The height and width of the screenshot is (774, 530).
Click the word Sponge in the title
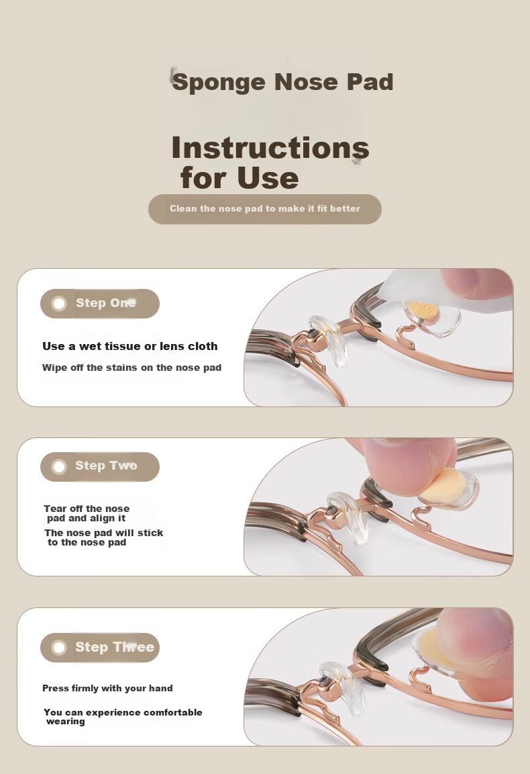219,83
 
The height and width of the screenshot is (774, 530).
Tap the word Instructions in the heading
270,148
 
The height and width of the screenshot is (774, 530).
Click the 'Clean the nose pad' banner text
265,209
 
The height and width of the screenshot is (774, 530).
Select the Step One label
105,303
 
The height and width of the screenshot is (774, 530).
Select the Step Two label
106,466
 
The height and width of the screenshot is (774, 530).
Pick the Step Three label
114,647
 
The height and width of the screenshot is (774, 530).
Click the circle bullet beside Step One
59,304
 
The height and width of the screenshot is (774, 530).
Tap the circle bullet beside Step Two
59,466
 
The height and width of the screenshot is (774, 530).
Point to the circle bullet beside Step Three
59,647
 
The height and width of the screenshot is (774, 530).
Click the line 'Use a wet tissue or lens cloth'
129,346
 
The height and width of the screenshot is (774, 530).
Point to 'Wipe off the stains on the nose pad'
131,368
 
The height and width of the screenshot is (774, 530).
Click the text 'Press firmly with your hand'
107,688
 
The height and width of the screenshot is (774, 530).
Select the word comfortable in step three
172,712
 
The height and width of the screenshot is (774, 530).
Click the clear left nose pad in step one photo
329,340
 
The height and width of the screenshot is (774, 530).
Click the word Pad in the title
369,82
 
